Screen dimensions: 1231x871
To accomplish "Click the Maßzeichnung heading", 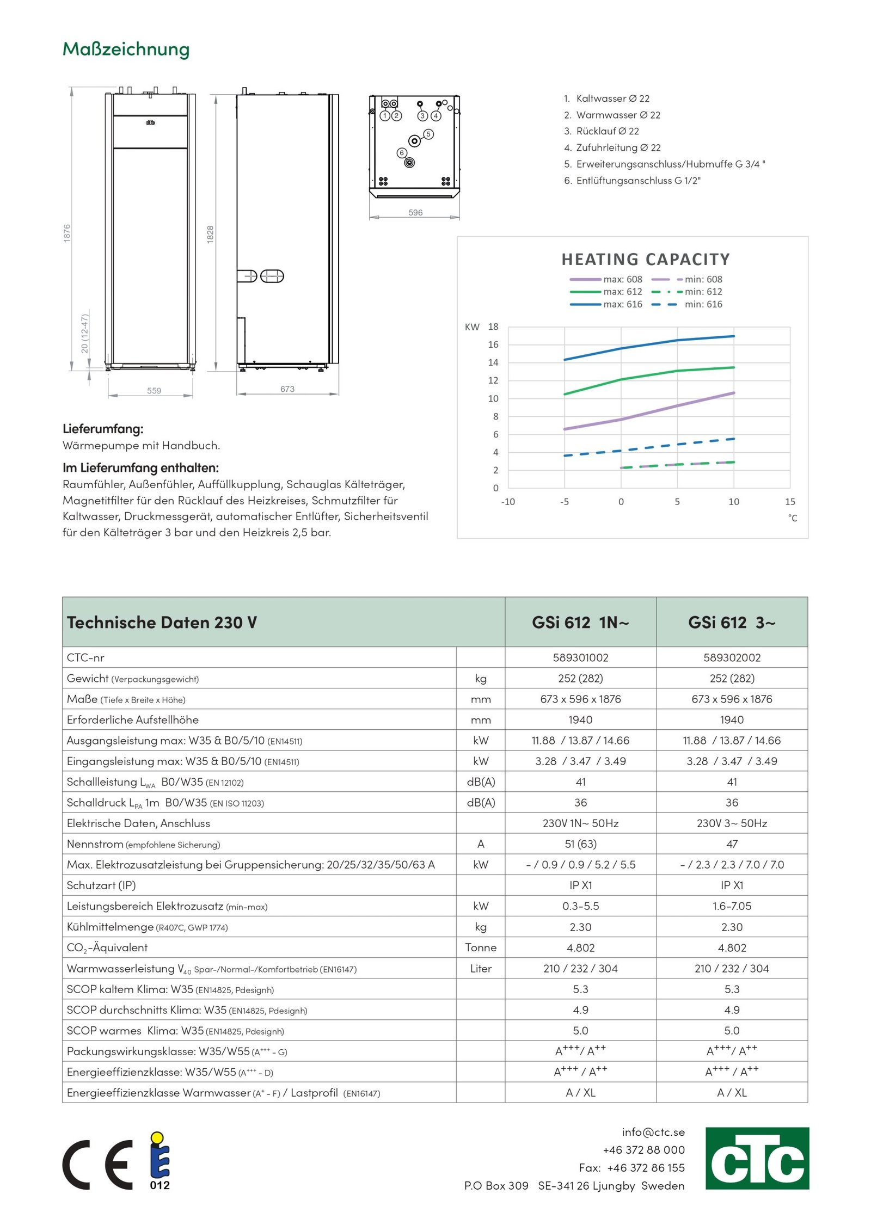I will [x=126, y=49].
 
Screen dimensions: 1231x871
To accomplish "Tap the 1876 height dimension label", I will [x=67, y=233].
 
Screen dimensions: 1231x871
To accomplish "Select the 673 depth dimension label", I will [x=287, y=389].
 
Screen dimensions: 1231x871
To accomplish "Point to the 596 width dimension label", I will [x=415, y=213].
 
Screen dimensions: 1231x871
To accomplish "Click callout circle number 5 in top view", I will [x=429, y=134].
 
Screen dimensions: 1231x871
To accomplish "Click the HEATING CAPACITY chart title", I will [x=646, y=260].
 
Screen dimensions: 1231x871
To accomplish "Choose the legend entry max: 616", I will [x=623, y=304].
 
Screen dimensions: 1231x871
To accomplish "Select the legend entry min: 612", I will [x=703, y=292].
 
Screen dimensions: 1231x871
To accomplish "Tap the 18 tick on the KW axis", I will [x=493, y=327].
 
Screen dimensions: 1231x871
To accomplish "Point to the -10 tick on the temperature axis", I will [x=508, y=502].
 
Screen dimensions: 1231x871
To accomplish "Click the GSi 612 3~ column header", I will [x=732, y=622].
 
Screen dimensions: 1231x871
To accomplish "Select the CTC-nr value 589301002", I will [x=580, y=657].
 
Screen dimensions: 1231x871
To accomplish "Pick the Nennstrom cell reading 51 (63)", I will [x=580, y=844].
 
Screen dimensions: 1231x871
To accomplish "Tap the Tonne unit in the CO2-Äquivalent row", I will [x=481, y=947].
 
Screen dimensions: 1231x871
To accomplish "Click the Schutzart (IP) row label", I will [x=101, y=885].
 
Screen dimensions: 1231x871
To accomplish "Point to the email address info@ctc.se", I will [x=653, y=1132].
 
